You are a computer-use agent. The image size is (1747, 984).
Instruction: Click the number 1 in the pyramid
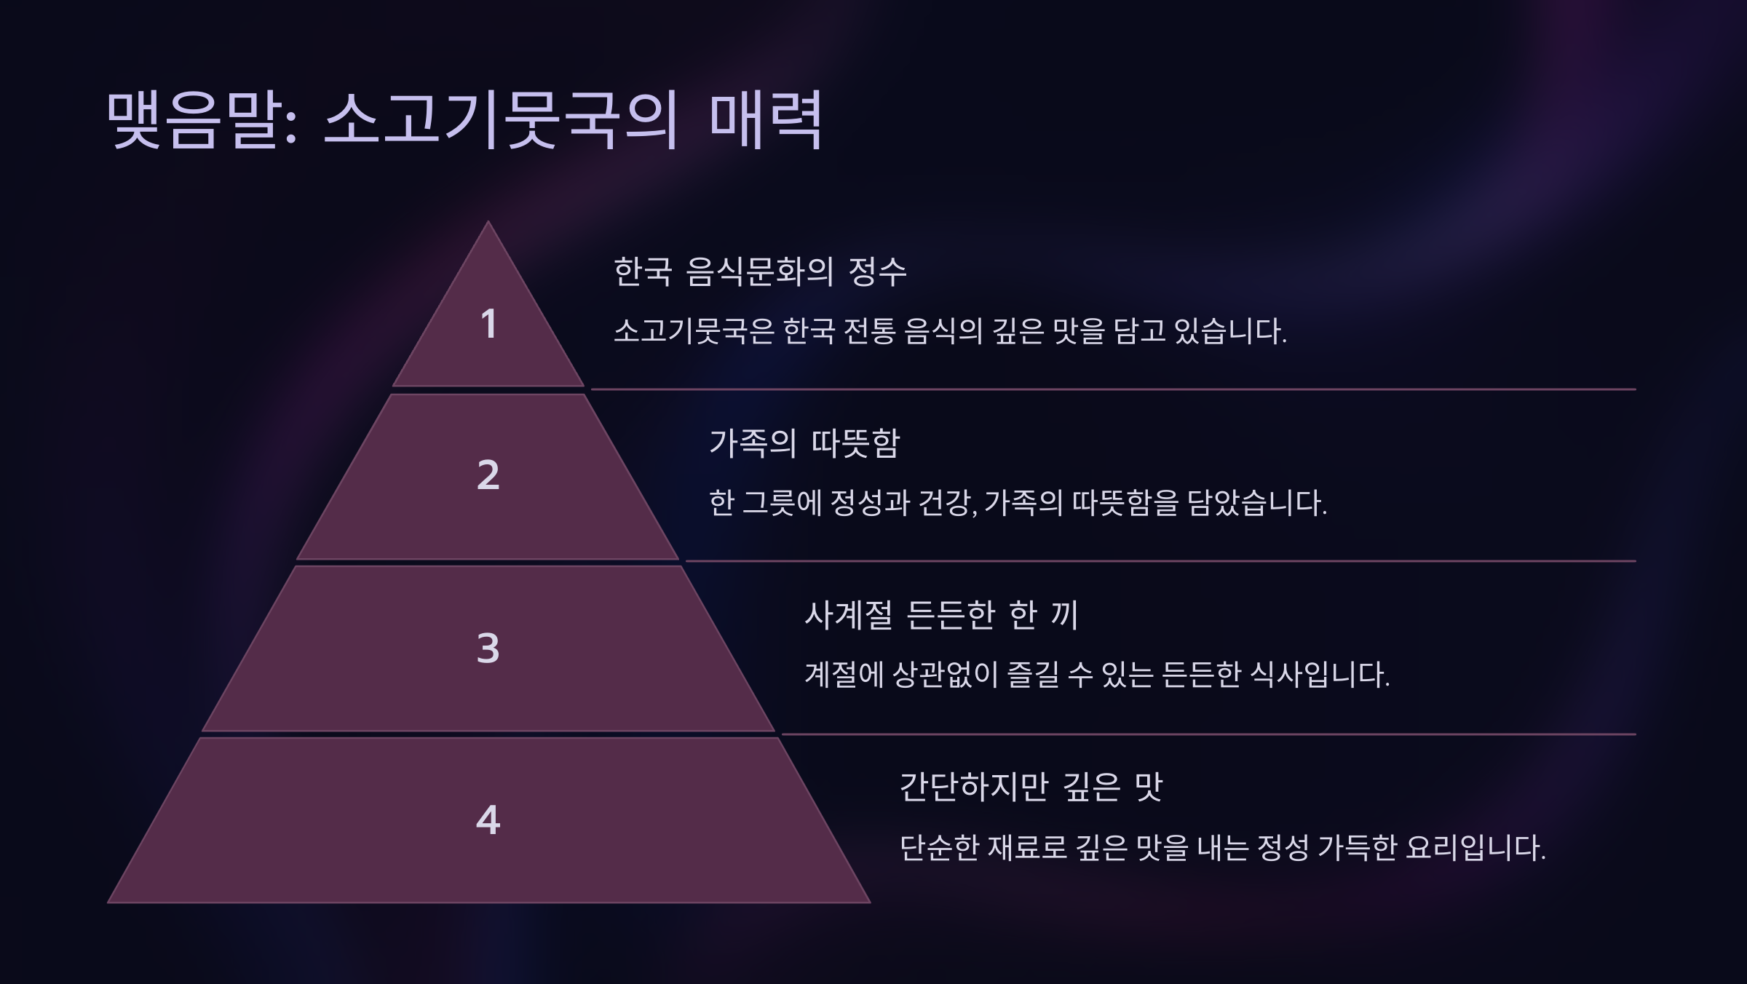(488, 324)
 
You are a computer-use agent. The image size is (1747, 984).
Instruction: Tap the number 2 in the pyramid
(488, 475)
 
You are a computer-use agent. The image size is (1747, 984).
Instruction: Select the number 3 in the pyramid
(488, 648)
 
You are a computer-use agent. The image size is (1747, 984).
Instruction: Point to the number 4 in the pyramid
(488, 820)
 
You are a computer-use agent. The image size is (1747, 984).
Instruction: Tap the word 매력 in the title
(765, 120)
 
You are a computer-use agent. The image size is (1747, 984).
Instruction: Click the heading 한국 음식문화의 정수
(760, 272)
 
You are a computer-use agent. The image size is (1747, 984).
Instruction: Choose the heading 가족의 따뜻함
(804, 443)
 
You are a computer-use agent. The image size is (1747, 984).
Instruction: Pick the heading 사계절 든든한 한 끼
(940, 616)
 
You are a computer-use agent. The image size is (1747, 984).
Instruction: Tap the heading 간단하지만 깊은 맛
(1031, 787)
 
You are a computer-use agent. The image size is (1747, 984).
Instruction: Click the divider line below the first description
(1114, 389)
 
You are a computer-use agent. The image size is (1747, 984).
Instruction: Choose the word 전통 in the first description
(869, 332)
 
